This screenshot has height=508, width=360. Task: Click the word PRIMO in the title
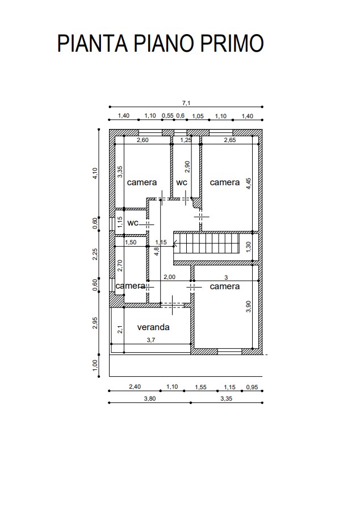[232, 43]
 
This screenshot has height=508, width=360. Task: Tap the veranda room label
[153, 327]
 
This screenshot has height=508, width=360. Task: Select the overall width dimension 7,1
[186, 103]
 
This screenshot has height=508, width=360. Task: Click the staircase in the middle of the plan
[207, 243]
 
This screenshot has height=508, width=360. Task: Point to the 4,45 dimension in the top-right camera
[249, 184]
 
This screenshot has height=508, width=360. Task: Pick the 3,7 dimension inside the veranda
[151, 340]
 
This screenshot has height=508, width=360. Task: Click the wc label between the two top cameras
[182, 182]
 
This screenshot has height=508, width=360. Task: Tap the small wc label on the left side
[133, 223]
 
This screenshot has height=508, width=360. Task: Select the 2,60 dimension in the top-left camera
[143, 140]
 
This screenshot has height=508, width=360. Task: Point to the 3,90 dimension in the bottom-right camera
[248, 306]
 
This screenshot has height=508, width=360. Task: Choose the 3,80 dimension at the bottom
[149, 398]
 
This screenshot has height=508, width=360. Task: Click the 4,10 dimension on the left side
[95, 173]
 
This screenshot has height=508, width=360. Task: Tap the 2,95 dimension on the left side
[95, 323]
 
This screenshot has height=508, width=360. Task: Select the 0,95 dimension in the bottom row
[252, 387]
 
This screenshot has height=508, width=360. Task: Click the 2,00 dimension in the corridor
[169, 277]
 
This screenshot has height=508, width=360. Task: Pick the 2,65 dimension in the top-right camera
[230, 140]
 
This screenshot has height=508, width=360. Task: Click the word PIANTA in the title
[93, 43]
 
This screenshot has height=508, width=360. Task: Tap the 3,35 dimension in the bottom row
[227, 398]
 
